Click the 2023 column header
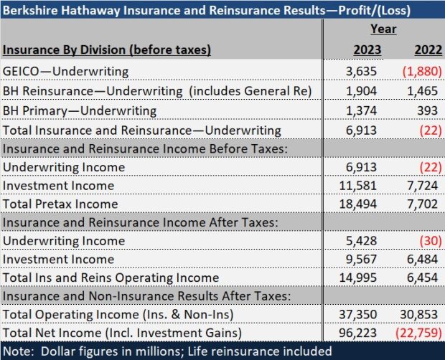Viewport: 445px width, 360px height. point(366,49)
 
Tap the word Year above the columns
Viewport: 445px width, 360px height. point(383,29)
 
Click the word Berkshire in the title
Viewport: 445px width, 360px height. point(33,9)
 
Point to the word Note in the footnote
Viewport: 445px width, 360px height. point(19,351)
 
